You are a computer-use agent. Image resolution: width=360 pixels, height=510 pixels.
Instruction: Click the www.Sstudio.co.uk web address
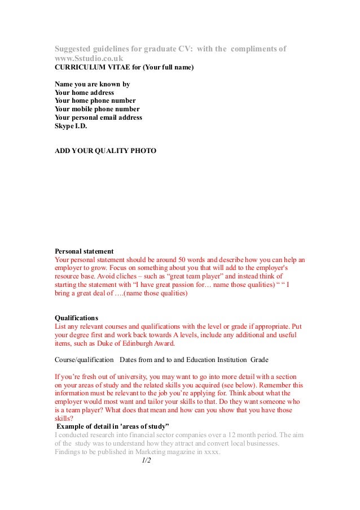pyautogui.click(x=89, y=58)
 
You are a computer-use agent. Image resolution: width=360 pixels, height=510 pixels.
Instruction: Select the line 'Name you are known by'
pyautogui.click(x=92, y=84)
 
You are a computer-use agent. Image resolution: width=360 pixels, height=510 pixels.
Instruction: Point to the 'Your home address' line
pyautogui.click(x=84, y=93)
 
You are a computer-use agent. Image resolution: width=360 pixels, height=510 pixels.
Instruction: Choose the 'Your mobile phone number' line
pyautogui.click(x=97, y=109)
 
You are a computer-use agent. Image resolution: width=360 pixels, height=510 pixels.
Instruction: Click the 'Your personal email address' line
pyautogui.click(x=98, y=117)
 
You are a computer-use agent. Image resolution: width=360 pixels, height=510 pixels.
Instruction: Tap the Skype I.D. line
pyautogui.click(x=71, y=126)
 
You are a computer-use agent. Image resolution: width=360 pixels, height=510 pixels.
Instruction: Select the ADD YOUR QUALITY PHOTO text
pyautogui.click(x=105, y=151)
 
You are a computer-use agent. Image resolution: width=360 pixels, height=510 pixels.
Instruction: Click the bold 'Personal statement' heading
pyautogui.click(x=84, y=251)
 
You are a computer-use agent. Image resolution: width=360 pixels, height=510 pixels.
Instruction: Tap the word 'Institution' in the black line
pyautogui.click(x=229, y=360)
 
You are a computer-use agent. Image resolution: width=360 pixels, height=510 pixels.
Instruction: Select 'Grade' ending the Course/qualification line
pyautogui.click(x=259, y=360)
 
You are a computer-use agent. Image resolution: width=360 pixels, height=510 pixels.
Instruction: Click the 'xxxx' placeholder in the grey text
pyautogui.click(x=212, y=452)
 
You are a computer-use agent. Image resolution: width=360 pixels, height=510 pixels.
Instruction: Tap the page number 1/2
pyautogui.click(x=146, y=460)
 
